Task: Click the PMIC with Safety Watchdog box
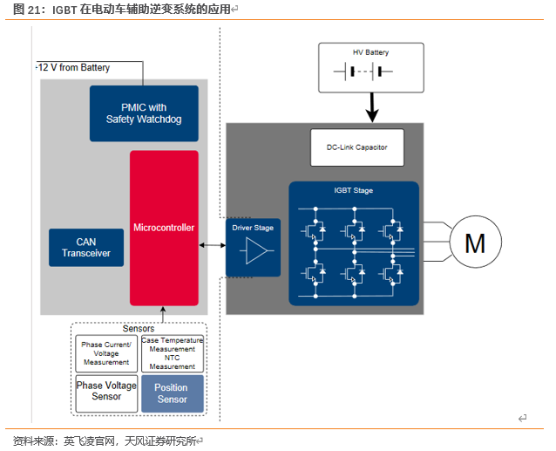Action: [144, 113]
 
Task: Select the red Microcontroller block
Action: [164, 228]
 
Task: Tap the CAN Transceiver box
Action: [86, 248]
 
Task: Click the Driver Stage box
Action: [253, 247]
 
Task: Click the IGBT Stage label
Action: [354, 190]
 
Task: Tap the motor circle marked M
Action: [474, 243]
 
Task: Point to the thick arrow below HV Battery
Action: [371, 108]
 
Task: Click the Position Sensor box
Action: [172, 393]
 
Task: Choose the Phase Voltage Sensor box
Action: [105, 392]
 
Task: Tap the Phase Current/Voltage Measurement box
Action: [105, 353]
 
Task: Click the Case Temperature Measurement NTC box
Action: [172, 353]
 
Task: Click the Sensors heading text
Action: [138, 329]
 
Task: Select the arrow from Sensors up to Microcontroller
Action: [162, 314]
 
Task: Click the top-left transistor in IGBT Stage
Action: [313, 230]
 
